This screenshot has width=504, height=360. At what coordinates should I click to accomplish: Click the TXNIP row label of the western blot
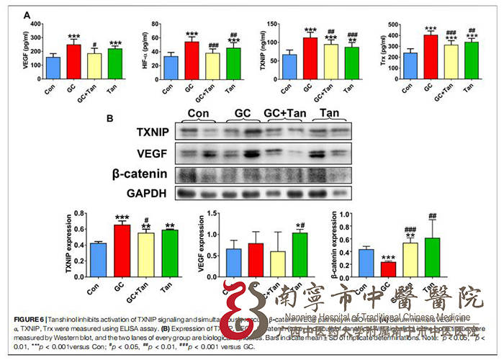click(x=149, y=132)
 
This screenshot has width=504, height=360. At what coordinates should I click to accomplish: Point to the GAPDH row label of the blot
click(x=148, y=194)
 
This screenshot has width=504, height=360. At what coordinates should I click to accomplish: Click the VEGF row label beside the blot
click(x=153, y=153)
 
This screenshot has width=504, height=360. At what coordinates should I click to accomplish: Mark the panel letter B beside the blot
click(x=110, y=117)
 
